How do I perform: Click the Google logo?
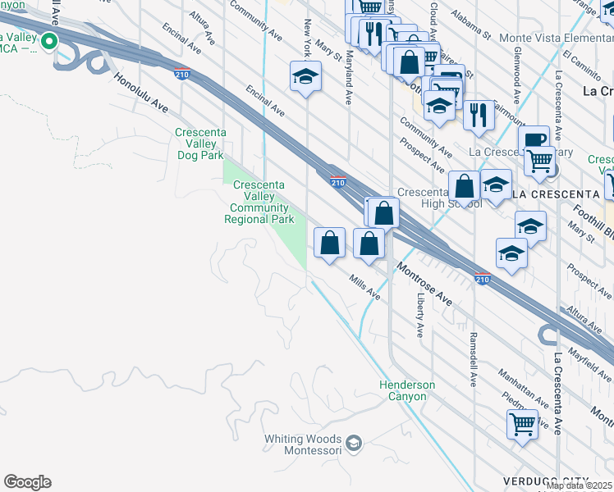[27, 482]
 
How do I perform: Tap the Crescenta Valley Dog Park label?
[200, 143]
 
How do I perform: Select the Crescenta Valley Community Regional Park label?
[259, 203]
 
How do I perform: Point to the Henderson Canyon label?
[407, 390]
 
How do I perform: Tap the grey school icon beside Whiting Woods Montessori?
[354, 444]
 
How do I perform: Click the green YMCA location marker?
[49, 41]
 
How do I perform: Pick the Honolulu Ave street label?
[141, 96]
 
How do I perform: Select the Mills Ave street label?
[365, 288]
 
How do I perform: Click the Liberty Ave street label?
[420, 316]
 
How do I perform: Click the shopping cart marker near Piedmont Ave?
[522, 424]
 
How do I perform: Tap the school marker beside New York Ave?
[305, 77]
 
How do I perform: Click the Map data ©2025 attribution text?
[580, 485]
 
